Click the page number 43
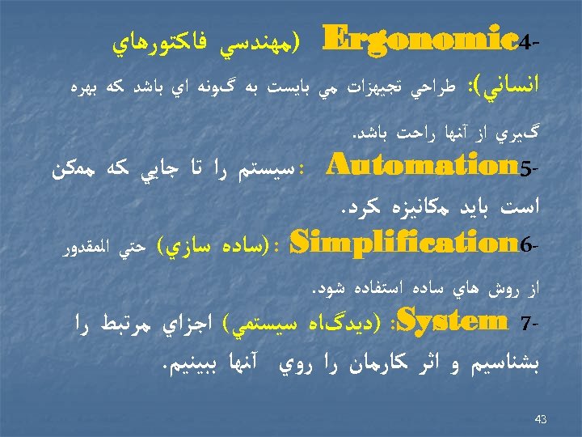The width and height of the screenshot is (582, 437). point(541,419)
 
